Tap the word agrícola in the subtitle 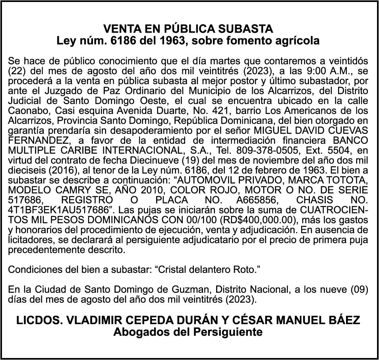click(x=295, y=41)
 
